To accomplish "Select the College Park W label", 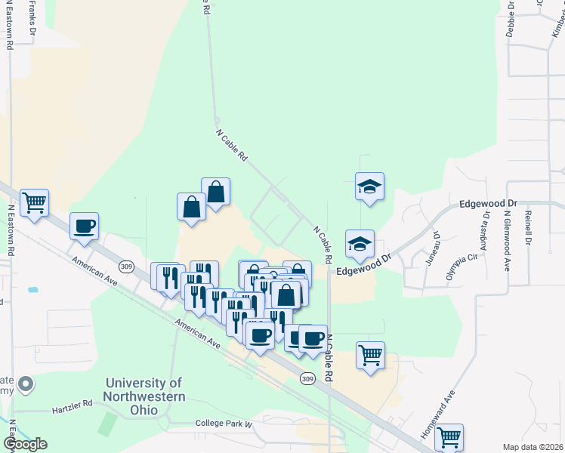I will pyautogui.click(x=223, y=424).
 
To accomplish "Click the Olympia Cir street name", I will pyautogui.click(x=462, y=267).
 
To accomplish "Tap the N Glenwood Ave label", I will pyautogui.click(x=508, y=239).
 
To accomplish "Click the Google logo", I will pyautogui.click(x=25, y=443).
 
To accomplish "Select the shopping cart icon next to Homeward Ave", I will pyautogui.click(x=449, y=436).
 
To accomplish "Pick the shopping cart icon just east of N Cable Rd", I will pyautogui.click(x=370, y=355).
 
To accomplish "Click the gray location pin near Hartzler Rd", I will pyautogui.click(x=26, y=385).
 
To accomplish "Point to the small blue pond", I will pyautogui.click(x=32, y=289).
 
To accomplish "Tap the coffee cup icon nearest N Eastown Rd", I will pyautogui.click(x=84, y=226).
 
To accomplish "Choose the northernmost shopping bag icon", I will pyautogui.click(x=216, y=191).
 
